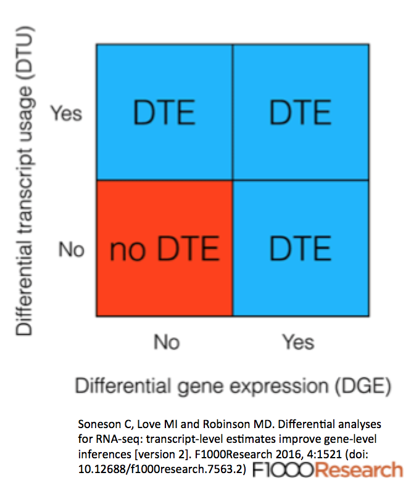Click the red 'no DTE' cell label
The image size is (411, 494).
click(164, 249)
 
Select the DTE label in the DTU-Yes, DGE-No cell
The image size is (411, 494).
click(164, 113)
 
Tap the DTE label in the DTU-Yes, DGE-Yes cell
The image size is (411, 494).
click(300, 113)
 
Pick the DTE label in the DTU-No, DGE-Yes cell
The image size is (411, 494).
click(300, 249)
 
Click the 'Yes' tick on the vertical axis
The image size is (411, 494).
click(66, 113)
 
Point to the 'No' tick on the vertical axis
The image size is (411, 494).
click(72, 249)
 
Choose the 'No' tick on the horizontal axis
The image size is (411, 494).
click(167, 342)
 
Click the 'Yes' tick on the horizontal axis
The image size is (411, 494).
click(298, 342)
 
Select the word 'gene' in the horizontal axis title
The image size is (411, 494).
click(200, 387)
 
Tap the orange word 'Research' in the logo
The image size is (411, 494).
click(359, 470)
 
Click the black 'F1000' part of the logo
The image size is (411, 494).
click(283, 470)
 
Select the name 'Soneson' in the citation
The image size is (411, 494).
click(100, 424)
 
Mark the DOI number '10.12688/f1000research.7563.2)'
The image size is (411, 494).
click(162, 469)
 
